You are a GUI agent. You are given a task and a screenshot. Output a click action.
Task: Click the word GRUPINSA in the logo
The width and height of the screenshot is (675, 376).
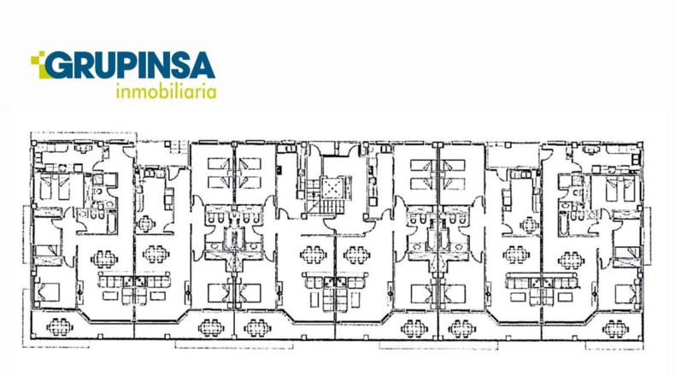coord(130,66)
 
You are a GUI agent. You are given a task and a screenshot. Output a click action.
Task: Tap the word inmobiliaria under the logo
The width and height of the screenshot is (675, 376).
coord(166,91)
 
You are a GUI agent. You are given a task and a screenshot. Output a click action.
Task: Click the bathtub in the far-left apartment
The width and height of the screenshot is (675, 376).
coord(111,223)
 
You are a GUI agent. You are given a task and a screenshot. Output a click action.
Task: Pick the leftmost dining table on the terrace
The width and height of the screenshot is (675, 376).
coord(60,327)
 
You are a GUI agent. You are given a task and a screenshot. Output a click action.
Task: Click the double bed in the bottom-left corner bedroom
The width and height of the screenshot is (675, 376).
coord(48,292)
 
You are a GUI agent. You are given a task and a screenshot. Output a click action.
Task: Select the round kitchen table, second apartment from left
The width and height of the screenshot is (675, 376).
coord(146,224)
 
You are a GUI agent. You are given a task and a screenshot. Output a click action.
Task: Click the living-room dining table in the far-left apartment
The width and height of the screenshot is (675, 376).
coord(103,259)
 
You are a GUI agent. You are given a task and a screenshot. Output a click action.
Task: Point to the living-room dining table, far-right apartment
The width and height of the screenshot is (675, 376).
coord(571,260)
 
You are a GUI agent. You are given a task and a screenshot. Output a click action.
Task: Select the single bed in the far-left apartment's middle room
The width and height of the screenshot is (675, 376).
coord(46,250)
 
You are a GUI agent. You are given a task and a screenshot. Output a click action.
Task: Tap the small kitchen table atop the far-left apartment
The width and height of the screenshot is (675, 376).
coord(83,149)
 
